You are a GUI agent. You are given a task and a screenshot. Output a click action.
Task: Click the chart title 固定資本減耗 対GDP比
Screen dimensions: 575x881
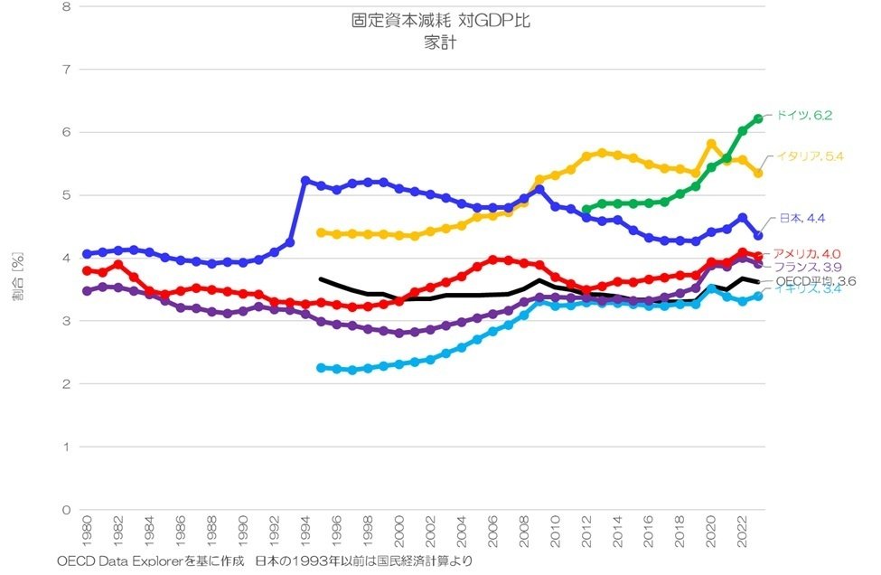tap(440, 22)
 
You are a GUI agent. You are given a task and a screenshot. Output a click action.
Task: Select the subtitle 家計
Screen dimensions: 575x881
tap(440, 42)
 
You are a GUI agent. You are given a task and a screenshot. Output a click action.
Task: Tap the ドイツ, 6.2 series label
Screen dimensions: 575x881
tap(802, 116)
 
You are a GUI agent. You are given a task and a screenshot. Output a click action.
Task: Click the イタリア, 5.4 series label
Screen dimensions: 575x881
tap(810, 156)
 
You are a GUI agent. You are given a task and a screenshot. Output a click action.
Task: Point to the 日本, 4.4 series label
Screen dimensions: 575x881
tap(801, 219)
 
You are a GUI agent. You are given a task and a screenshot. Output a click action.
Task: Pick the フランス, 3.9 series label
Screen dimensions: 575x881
tap(808, 267)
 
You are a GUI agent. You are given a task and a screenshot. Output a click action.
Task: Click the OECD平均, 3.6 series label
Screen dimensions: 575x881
tap(816, 281)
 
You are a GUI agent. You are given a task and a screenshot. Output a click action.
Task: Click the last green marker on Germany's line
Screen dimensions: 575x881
tap(758, 118)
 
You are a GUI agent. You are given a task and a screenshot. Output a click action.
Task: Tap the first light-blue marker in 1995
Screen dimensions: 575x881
tap(321, 368)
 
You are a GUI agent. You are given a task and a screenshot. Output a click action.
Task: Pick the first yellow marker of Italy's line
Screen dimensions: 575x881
tap(321, 232)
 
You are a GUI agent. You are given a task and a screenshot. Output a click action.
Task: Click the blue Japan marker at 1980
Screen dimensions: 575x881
tap(87, 254)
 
